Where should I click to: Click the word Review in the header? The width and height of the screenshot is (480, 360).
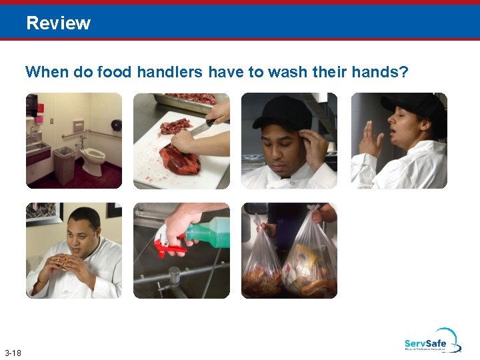[58, 23]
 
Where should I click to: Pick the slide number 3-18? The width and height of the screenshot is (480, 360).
[13, 353]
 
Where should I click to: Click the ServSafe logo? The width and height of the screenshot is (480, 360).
[432, 341]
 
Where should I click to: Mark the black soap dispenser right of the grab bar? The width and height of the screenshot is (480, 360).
[117, 125]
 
